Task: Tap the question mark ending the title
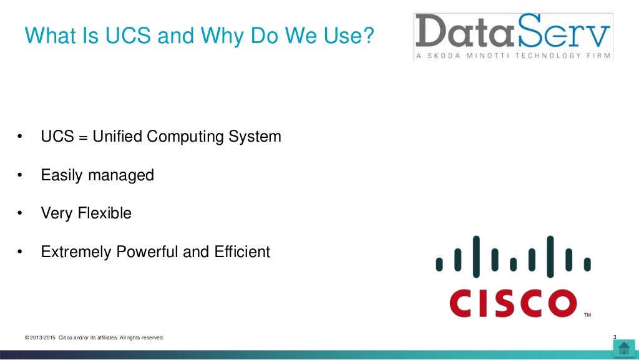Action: (x=368, y=36)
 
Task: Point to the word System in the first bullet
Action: (x=255, y=136)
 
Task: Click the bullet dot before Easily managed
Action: (x=20, y=176)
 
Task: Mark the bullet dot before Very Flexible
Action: (x=20, y=214)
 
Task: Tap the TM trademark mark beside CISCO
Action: (x=587, y=315)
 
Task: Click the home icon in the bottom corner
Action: (x=624, y=348)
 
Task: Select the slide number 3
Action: (x=615, y=338)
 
